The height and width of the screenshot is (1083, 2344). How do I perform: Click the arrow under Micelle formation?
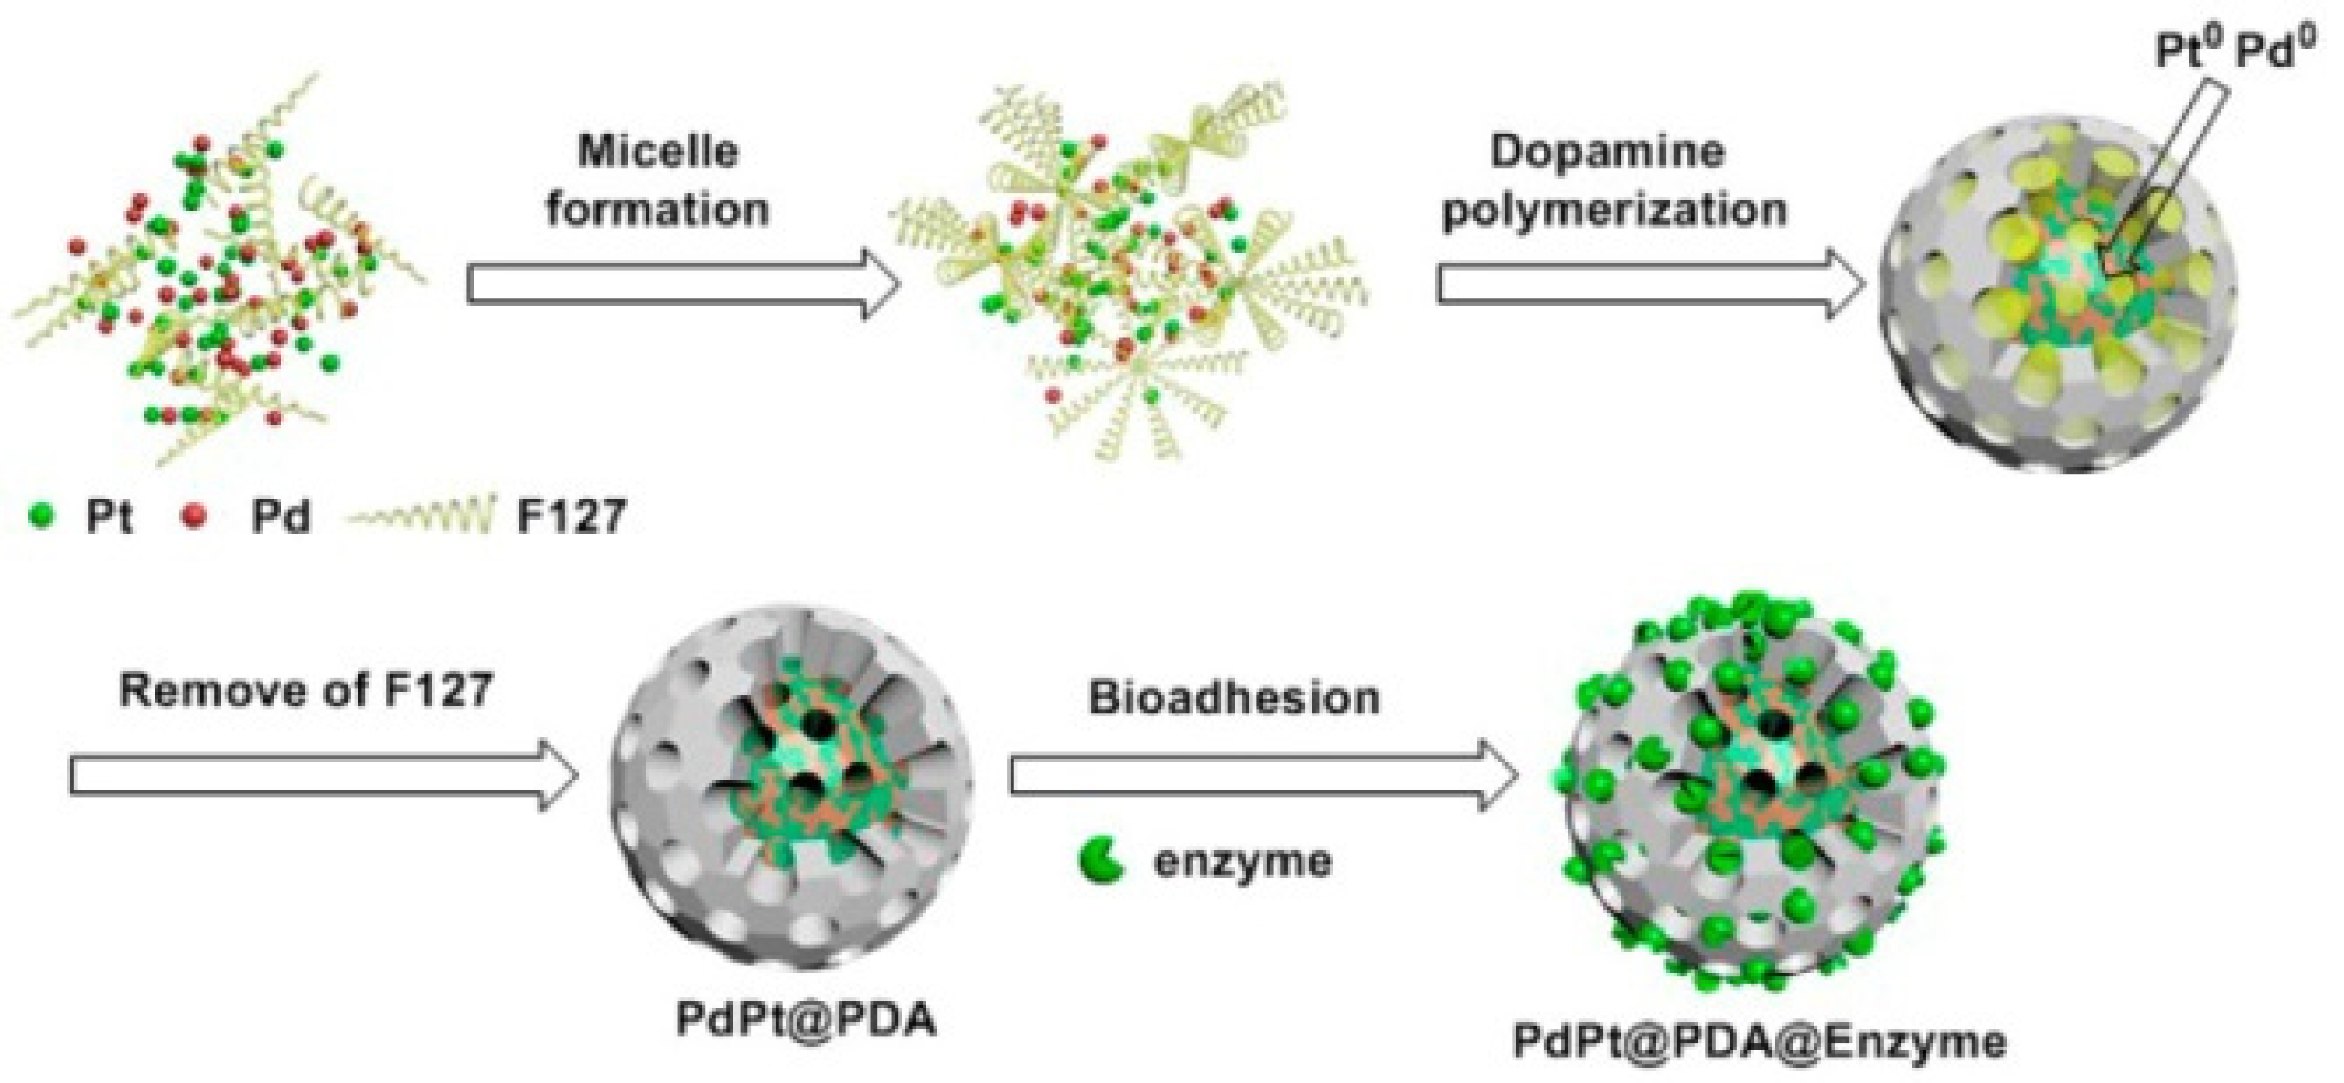pos(683,285)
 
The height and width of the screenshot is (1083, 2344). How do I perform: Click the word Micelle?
pos(657,150)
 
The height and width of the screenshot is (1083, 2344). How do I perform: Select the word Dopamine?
pos(1607,150)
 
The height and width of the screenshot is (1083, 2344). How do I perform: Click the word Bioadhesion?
pos(1234,698)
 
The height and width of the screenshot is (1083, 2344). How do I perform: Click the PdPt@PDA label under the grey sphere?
pos(805,1020)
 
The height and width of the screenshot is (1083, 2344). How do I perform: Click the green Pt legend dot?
pos(44,517)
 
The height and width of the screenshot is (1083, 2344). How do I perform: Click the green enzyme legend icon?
pos(1100,860)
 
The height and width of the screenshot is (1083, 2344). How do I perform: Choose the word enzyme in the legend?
pos(1242,860)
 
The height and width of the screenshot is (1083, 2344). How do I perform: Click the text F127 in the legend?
pos(572,517)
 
